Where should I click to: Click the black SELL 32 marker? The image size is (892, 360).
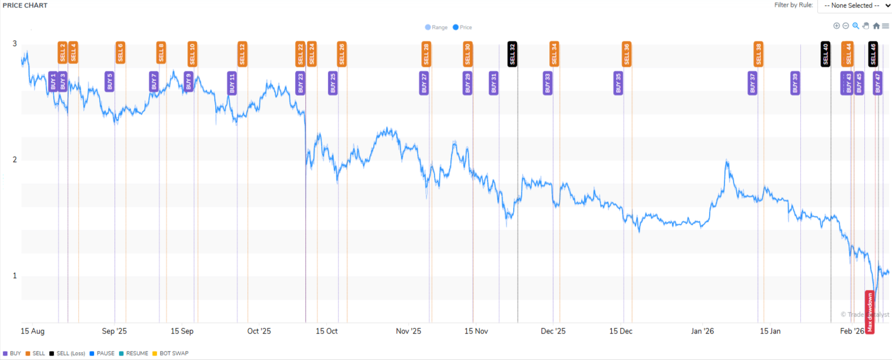point(512,54)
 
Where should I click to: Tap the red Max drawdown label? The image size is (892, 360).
point(869,312)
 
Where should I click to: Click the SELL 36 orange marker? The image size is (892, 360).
point(626,54)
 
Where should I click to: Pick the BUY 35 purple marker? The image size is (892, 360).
point(618,83)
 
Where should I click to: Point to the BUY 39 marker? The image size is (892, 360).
point(795,83)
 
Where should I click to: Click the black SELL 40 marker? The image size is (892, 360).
point(825,54)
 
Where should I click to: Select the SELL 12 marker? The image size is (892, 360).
point(242,54)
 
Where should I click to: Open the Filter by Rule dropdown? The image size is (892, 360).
point(854,6)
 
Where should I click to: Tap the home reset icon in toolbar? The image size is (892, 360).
point(876,26)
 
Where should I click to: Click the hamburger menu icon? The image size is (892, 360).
point(885,26)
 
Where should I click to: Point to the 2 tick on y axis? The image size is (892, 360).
point(15,160)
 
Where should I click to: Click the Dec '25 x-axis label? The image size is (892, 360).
point(553,331)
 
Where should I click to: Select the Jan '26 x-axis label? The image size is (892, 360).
point(702,331)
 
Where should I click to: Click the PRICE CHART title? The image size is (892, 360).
point(25,5)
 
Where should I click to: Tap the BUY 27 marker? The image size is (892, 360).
point(424,83)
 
